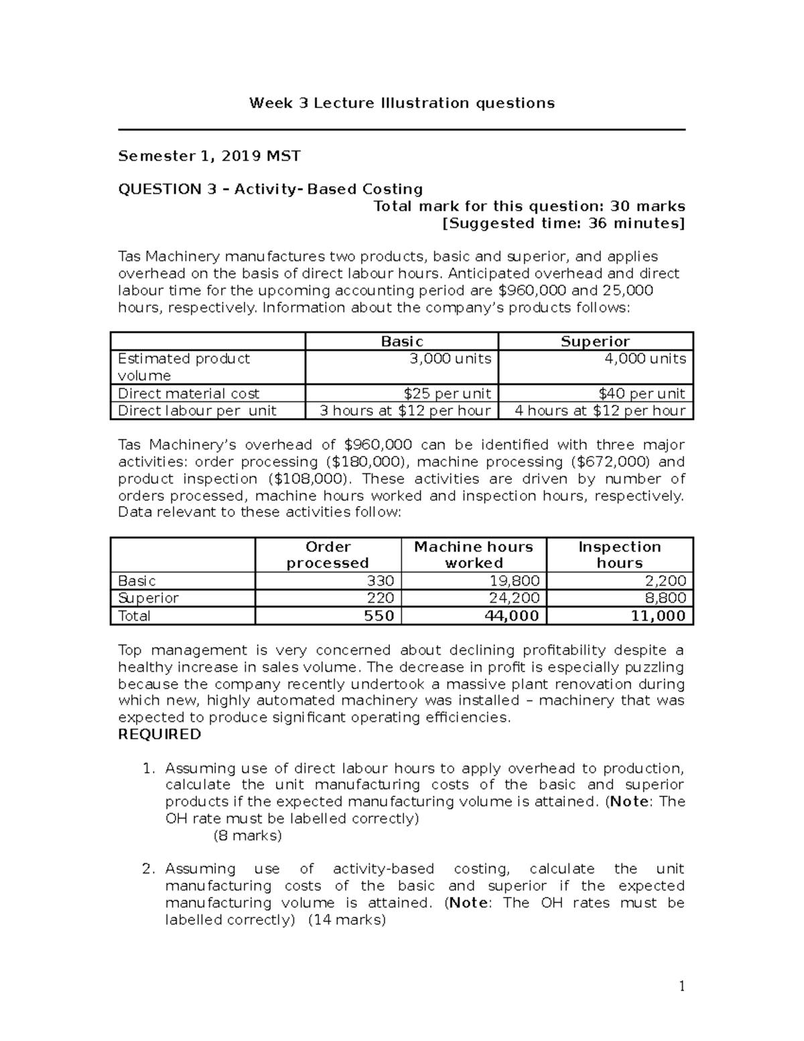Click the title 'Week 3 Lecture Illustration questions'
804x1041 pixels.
[402, 103]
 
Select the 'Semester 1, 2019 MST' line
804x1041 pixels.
[209, 156]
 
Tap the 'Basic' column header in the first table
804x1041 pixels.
[402, 341]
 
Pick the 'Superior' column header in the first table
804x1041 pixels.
[595, 341]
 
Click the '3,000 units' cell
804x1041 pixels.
[450, 359]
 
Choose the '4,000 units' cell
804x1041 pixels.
[645, 359]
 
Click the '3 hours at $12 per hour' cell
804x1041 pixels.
[405, 410]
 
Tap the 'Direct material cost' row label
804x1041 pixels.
[188, 393]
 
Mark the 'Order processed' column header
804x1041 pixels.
[328, 554]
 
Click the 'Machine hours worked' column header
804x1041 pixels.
[474, 554]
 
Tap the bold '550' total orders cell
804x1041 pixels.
[379, 616]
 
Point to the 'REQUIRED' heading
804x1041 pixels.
[159, 734]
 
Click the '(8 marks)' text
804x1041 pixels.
[247, 835]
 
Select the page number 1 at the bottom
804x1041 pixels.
[681, 986]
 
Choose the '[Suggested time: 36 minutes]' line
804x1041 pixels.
[563, 223]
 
